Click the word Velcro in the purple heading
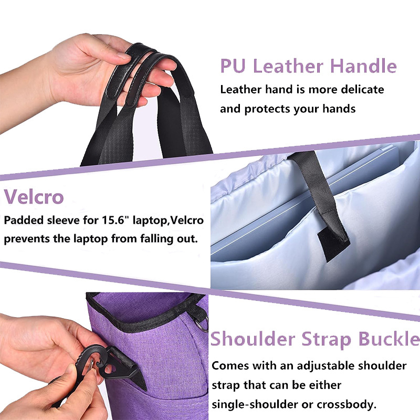[x=34, y=197]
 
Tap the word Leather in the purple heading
[x=288, y=66]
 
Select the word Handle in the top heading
[x=363, y=66]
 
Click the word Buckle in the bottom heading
[x=389, y=339]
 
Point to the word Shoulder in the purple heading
[x=253, y=339]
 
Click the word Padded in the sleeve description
[x=24, y=220]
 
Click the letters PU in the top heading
[x=233, y=66]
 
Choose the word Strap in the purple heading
[x=327, y=340]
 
